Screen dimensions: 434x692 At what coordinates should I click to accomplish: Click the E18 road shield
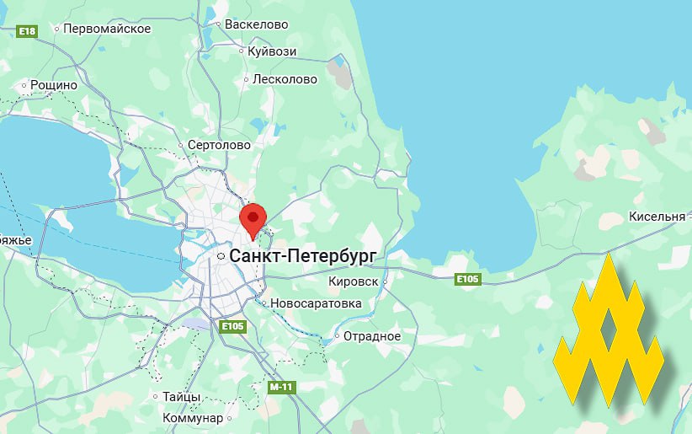click(x=28, y=31)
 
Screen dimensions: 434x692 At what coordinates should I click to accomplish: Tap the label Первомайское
click(x=108, y=29)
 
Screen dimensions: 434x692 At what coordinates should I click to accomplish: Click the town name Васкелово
click(x=255, y=24)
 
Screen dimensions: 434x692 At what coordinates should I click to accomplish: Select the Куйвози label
click(x=272, y=51)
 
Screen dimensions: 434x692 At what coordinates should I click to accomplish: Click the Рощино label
click(x=53, y=85)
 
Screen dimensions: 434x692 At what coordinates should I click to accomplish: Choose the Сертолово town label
click(x=219, y=145)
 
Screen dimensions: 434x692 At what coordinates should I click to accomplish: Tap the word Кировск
click(x=353, y=281)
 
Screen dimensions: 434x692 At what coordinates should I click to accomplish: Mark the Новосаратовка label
click(x=316, y=303)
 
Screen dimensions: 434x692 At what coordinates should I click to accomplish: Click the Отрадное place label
click(x=372, y=336)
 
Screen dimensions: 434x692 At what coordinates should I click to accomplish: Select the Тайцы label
click(x=181, y=396)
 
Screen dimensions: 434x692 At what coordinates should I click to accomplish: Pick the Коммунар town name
click(x=193, y=418)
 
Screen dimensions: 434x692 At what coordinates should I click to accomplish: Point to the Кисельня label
click(x=657, y=217)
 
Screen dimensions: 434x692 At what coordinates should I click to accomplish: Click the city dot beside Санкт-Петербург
click(x=221, y=255)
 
